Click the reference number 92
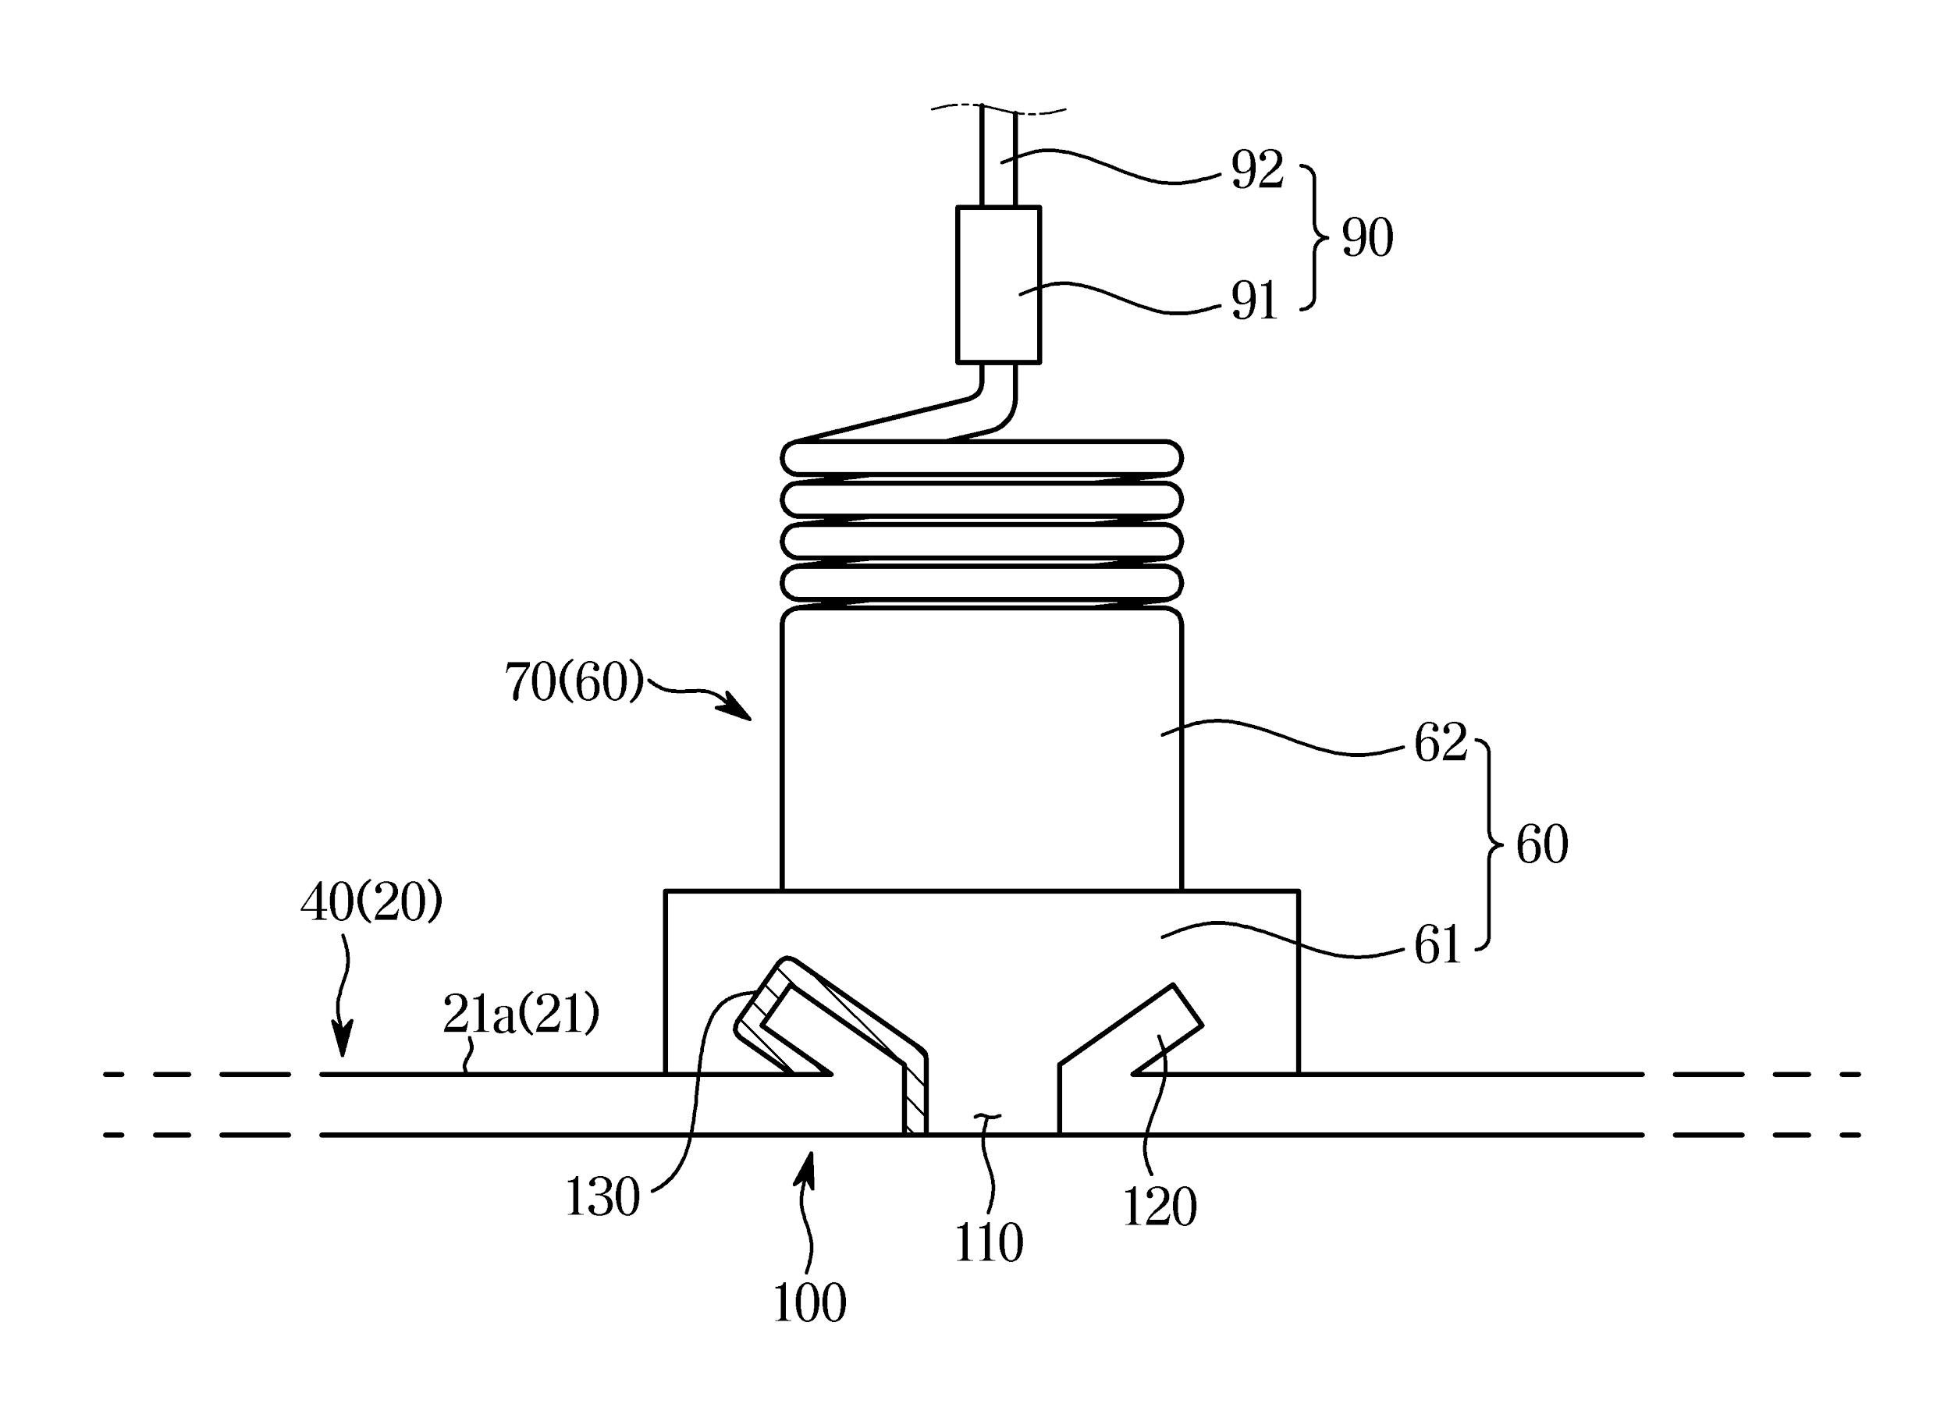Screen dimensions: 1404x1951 (x=1256, y=169)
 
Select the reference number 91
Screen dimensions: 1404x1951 (x=1253, y=302)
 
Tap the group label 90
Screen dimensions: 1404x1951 (x=1367, y=237)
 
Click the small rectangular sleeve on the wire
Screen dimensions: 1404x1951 (x=998, y=285)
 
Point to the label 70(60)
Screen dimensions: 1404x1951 (x=574, y=682)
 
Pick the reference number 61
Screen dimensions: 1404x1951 (x=1437, y=945)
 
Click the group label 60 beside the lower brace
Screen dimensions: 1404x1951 (x=1541, y=844)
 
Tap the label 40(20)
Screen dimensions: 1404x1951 (x=371, y=903)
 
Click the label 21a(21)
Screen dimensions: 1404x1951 (x=521, y=1015)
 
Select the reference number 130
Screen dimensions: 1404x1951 (x=602, y=1196)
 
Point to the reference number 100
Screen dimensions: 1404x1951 (x=808, y=1303)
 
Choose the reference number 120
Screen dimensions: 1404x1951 (x=1159, y=1207)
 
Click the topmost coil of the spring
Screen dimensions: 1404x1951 (x=982, y=457)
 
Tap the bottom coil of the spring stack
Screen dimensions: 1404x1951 (x=982, y=582)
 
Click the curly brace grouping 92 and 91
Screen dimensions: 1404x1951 (x=1313, y=236)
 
